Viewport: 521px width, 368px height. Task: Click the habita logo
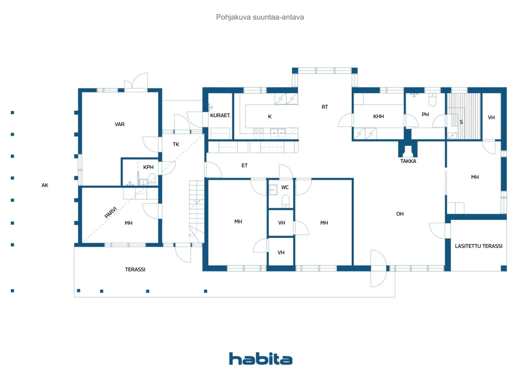click(260, 359)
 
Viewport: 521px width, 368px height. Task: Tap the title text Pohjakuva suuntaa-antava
click(260, 17)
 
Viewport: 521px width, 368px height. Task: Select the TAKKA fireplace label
click(408, 161)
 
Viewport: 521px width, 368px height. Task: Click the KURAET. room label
click(221, 115)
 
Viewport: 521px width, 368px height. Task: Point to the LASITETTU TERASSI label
click(479, 246)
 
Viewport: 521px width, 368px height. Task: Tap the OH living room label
click(400, 214)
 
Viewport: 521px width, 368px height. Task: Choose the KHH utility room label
click(379, 116)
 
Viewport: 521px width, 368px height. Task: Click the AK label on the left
click(45, 185)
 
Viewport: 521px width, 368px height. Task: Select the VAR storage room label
click(120, 124)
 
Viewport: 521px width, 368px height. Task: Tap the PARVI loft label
click(111, 212)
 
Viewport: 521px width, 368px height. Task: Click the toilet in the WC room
click(286, 200)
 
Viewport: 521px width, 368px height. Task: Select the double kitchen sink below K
click(278, 132)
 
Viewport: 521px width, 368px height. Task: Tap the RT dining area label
click(325, 107)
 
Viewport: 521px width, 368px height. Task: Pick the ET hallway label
click(244, 165)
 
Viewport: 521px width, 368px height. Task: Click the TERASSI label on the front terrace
click(135, 269)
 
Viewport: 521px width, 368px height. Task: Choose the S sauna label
click(461, 122)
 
